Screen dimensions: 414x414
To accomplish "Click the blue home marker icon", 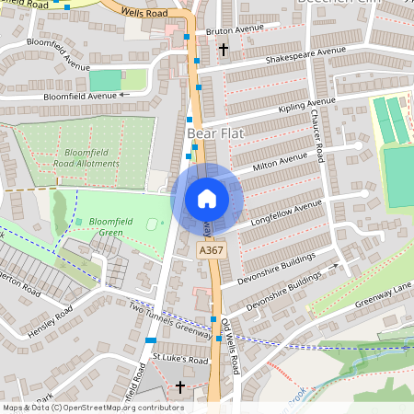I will pos(207,198).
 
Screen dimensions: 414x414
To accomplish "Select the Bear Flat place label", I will pos(213,134).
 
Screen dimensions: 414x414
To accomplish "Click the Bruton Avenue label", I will pos(236,29).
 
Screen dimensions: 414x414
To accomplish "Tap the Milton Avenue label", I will pos(280,163).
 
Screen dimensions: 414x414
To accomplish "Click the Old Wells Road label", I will pos(230,346).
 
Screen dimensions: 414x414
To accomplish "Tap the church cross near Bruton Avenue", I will pos(224,48).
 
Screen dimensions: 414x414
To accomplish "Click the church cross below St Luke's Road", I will pos(179,387).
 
